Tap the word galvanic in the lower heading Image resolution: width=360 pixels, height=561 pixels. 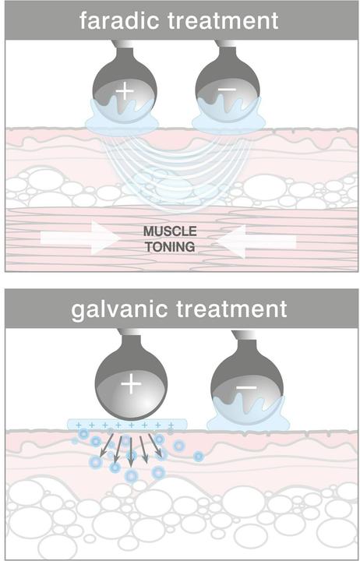tap(118, 309)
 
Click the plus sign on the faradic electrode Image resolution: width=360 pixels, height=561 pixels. tap(125, 92)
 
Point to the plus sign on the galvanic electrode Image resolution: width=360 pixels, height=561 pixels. tap(132, 385)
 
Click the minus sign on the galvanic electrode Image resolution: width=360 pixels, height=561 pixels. tap(246, 388)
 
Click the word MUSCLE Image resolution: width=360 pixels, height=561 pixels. tap(170, 231)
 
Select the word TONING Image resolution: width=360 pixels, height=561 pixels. tap(170, 246)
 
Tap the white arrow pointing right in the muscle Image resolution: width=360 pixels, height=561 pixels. tap(79, 238)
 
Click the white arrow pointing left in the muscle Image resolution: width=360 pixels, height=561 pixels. tap(256, 242)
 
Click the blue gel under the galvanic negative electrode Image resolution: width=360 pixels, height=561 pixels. tap(248, 415)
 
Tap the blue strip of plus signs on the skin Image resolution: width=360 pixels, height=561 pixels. tap(127, 425)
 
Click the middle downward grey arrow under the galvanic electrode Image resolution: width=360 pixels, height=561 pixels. tap(131, 451)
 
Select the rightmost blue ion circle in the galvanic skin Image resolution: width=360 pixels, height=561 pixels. tap(198, 456)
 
